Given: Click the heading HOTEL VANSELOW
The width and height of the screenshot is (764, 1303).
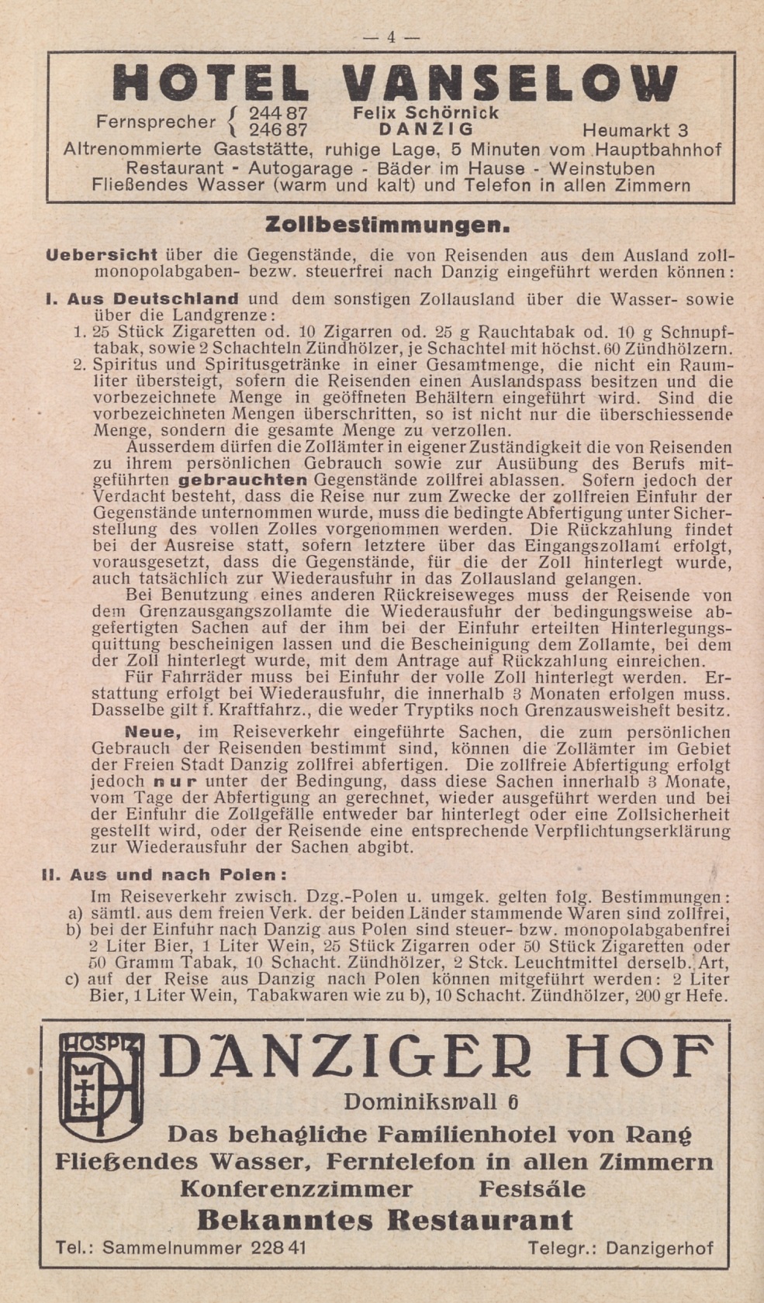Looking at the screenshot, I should [x=395, y=82].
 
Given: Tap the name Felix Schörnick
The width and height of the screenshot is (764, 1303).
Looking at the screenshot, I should [x=426, y=112].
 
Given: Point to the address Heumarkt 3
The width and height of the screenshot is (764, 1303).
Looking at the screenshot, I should [x=634, y=129].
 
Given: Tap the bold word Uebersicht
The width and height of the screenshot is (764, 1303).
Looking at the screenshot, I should [x=102, y=254].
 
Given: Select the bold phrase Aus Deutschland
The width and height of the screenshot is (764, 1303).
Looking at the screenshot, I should [x=153, y=298].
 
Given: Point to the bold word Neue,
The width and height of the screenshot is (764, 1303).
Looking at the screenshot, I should [x=153, y=732].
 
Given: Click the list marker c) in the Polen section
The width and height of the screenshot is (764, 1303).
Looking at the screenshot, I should [x=74, y=979].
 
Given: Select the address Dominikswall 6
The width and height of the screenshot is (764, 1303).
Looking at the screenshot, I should [x=431, y=1101].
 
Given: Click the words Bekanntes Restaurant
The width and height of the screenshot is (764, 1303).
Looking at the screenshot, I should [x=385, y=1220].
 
